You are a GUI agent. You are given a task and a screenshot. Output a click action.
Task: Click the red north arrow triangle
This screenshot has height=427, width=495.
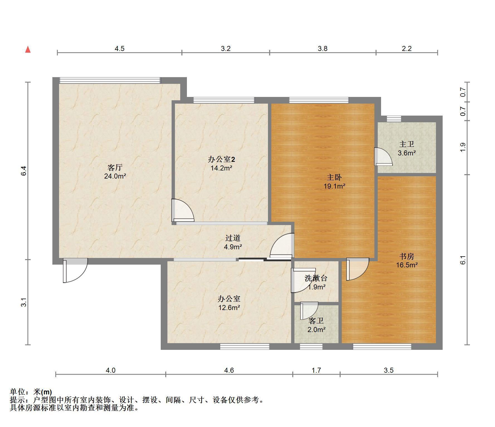(x=28, y=50)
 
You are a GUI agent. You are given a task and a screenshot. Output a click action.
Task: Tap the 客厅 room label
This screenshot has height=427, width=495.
(x=115, y=167)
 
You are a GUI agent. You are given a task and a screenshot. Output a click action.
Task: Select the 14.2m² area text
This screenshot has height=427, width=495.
(x=221, y=168)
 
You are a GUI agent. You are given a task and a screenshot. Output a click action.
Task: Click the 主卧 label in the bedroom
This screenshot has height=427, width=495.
(x=334, y=177)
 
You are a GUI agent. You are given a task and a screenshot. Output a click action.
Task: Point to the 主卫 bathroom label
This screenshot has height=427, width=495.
(x=407, y=144)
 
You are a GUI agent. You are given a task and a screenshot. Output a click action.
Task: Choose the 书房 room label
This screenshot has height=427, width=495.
(x=407, y=256)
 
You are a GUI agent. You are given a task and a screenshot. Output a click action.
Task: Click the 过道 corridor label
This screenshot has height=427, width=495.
(x=233, y=238)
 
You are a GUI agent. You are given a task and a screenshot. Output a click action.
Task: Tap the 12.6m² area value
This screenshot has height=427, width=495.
(x=229, y=308)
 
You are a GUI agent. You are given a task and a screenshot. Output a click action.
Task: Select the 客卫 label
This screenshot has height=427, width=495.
(x=316, y=321)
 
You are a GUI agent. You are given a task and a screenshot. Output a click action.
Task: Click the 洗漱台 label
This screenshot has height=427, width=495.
(x=316, y=278)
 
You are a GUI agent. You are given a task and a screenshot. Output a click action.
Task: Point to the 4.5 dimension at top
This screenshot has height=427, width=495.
(x=120, y=48)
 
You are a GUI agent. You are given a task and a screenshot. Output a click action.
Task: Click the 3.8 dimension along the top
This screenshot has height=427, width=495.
(x=323, y=48)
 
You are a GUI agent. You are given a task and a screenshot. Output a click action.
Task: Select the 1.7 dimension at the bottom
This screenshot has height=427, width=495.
(x=316, y=370)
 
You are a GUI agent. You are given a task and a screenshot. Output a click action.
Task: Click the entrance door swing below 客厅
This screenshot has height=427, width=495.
(x=75, y=270)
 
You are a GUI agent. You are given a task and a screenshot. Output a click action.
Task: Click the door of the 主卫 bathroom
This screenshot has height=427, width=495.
(x=383, y=157)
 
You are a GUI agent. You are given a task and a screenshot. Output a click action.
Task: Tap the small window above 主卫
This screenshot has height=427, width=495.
(x=394, y=119)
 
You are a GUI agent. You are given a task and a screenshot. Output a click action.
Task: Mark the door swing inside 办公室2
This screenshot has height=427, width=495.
(x=183, y=210)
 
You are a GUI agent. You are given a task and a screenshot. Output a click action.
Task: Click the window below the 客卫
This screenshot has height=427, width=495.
(x=311, y=347)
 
